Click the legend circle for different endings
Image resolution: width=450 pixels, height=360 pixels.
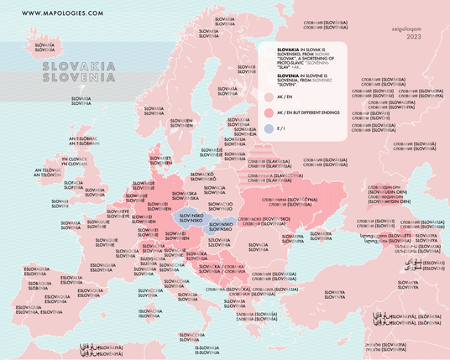click(268, 113)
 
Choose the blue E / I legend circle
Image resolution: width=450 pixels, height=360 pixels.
click(268, 128)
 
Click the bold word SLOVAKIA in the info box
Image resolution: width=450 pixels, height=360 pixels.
click(278, 50)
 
